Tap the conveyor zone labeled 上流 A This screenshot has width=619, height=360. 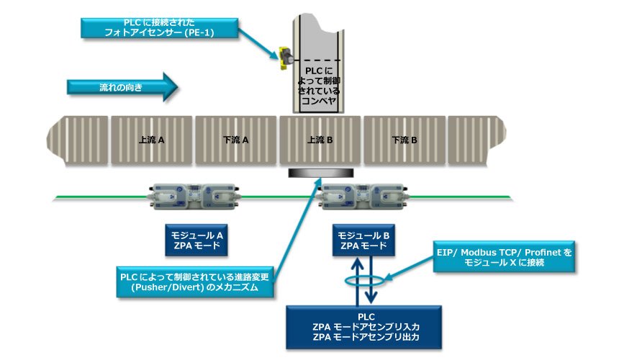152,140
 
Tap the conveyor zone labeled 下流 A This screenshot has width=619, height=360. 236,140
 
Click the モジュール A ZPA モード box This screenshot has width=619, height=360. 196,240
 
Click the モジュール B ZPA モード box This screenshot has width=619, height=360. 364,240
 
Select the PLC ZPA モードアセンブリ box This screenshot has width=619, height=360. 366,325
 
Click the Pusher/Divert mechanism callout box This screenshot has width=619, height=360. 196,282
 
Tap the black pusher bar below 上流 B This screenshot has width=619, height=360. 320,173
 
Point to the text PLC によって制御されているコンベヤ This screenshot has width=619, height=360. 318,85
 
